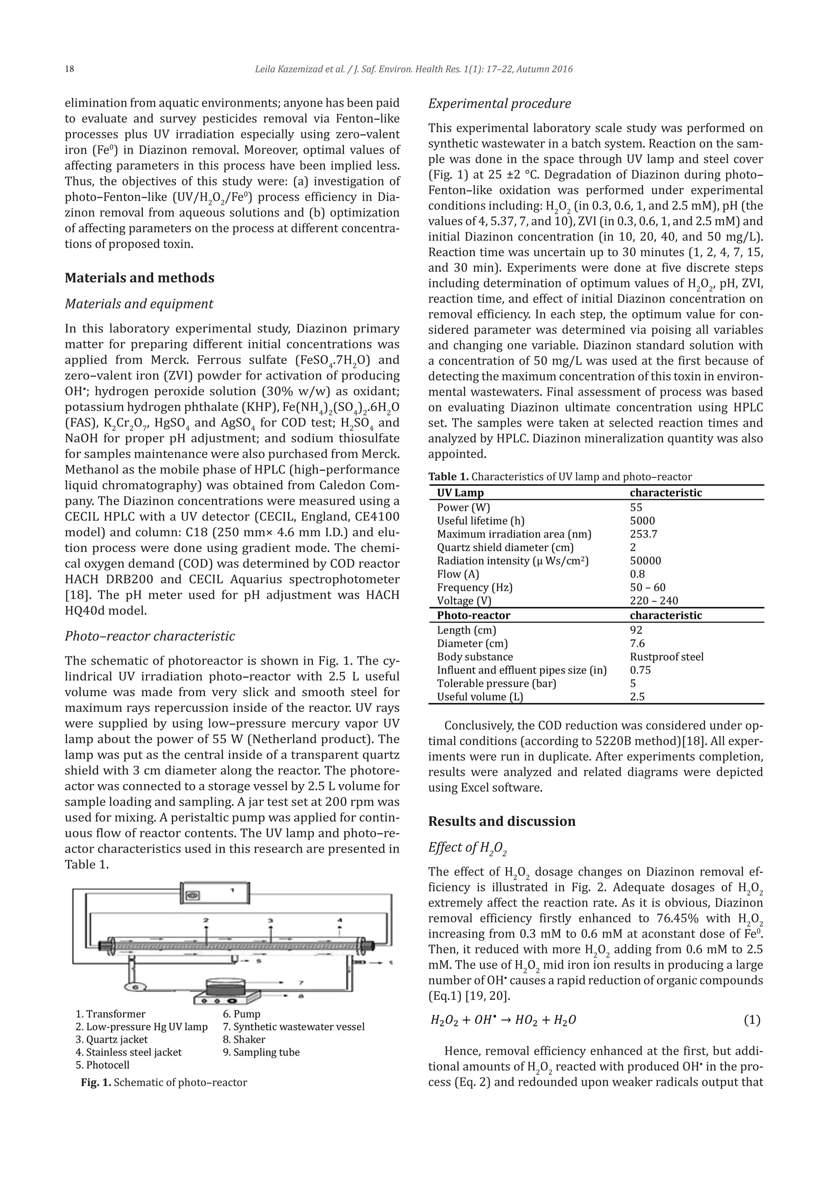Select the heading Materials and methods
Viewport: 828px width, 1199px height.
point(139,278)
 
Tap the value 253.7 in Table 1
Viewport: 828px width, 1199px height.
point(643,534)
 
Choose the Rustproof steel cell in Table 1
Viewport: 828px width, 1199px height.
point(666,657)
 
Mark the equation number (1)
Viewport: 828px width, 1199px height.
point(752,1020)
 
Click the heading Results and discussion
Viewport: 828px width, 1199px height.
point(501,821)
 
